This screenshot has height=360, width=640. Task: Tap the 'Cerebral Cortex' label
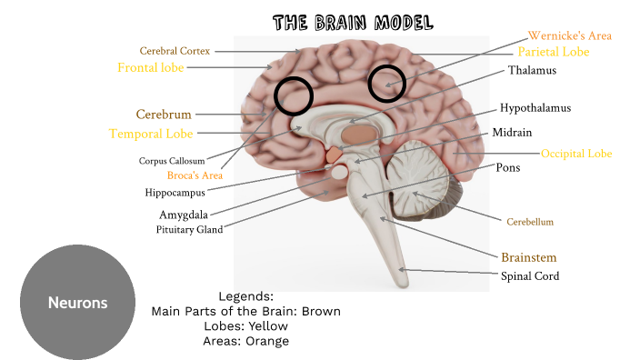(x=175, y=51)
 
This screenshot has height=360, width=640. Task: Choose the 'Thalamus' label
(x=532, y=70)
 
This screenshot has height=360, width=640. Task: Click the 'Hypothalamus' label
(x=535, y=108)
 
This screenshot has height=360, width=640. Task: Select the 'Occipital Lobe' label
(x=576, y=154)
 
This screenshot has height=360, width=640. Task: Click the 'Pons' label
(x=508, y=168)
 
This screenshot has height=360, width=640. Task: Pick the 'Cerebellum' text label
(x=530, y=221)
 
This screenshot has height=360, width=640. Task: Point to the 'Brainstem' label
(x=528, y=257)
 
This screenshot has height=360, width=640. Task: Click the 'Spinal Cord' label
(x=530, y=275)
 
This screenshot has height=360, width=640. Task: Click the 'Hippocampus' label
(x=175, y=193)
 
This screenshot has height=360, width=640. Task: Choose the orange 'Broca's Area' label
(x=195, y=175)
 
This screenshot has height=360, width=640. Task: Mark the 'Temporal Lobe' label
(x=151, y=134)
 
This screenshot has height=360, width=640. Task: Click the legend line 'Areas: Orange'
(x=245, y=341)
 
